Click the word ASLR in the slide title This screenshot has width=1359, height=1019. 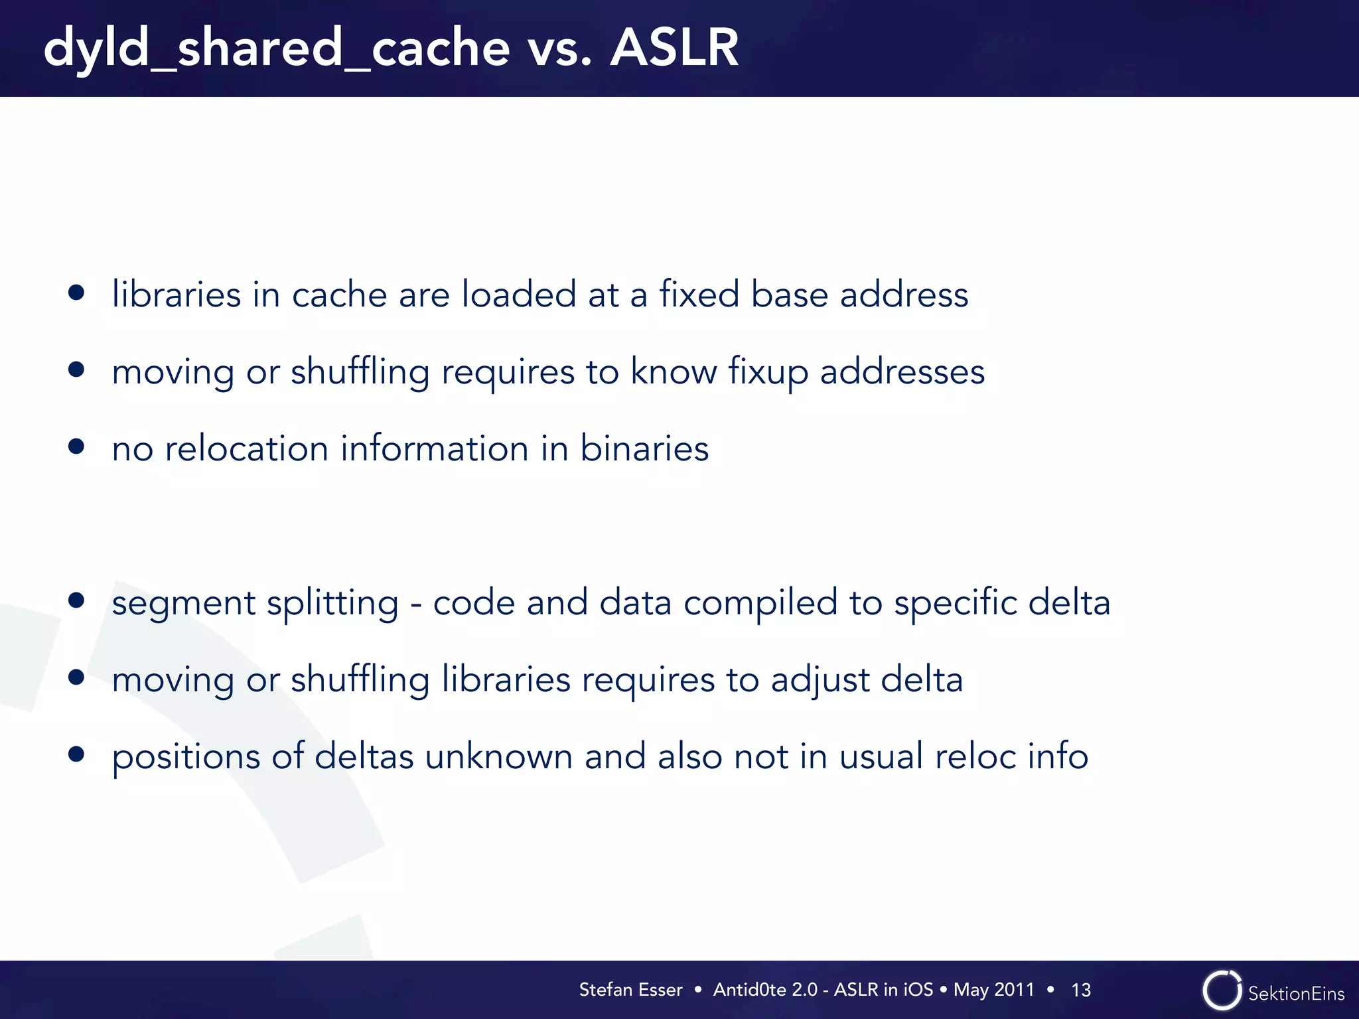coord(674,48)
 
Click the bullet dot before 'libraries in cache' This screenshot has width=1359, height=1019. coord(76,293)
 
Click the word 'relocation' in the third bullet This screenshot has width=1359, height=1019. coord(247,448)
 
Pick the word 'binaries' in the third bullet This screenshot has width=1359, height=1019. coord(644,448)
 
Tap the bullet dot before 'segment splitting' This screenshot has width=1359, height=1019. coord(76,601)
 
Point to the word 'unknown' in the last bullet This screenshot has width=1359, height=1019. coord(499,757)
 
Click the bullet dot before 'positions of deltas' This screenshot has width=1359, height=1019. coord(76,754)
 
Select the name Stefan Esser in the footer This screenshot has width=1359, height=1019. coord(630,990)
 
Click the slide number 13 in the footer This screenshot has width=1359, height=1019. coord(1081,990)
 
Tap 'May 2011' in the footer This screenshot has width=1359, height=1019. coord(993,990)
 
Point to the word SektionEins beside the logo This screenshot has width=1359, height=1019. coord(1296,994)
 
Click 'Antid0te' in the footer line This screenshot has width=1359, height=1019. coord(749,990)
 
